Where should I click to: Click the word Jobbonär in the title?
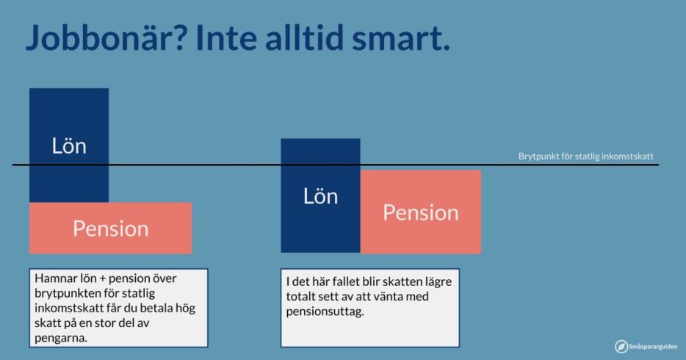click(x=100, y=37)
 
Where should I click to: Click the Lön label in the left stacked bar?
click(x=69, y=145)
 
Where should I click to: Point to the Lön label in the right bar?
click(x=321, y=196)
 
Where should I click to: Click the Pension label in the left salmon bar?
click(x=111, y=228)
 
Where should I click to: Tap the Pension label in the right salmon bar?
click(x=421, y=212)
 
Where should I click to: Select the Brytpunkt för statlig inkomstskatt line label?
click(x=586, y=156)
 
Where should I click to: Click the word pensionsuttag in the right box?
click(x=325, y=312)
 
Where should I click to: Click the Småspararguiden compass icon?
click(x=621, y=347)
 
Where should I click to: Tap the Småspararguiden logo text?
click(x=653, y=347)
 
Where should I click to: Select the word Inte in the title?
click(x=228, y=37)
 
